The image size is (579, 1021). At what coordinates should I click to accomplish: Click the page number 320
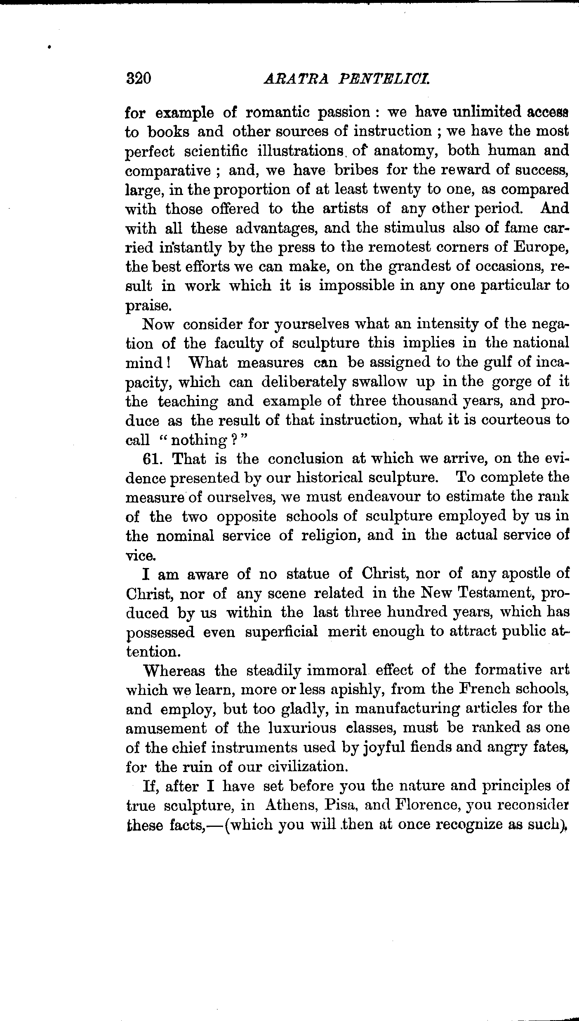tap(139, 78)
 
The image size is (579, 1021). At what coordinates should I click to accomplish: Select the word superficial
tap(281, 632)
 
